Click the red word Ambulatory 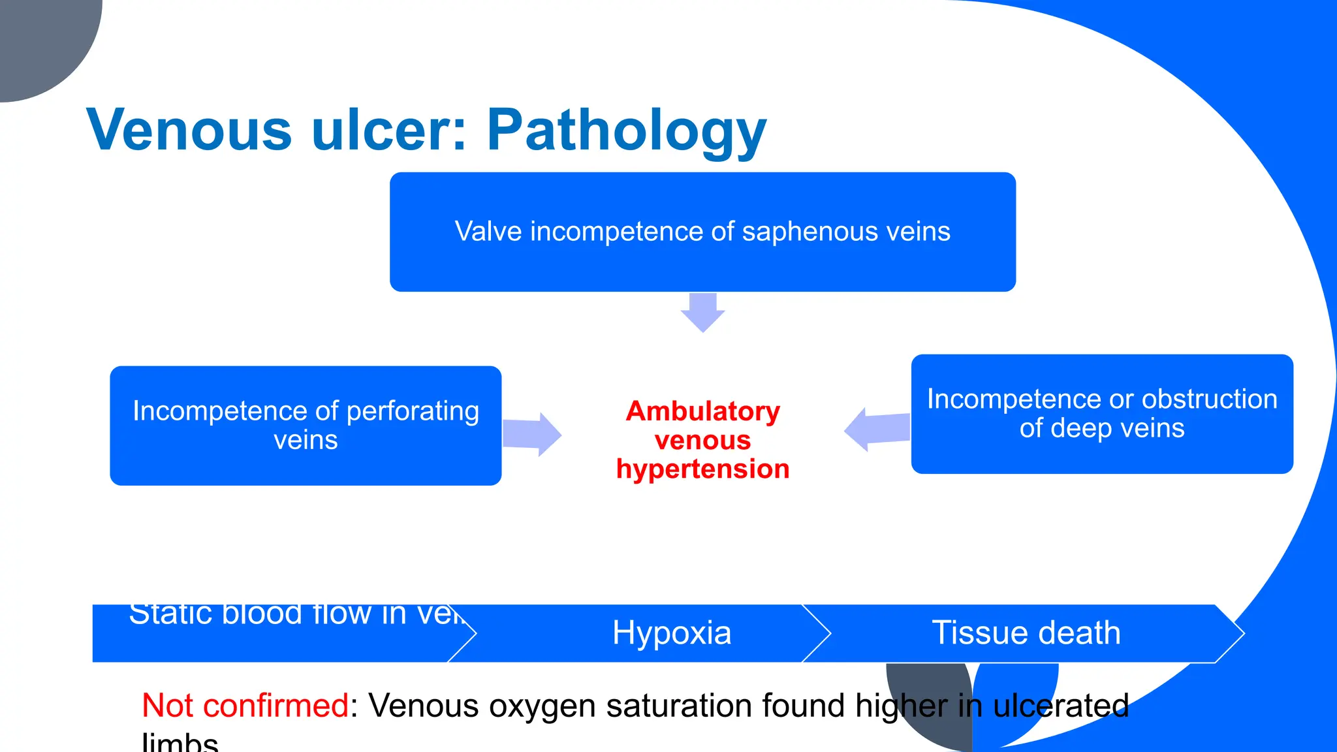[x=702, y=411]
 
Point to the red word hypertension [x=702, y=469]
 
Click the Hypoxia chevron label [x=671, y=633]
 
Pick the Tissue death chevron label [x=1026, y=633]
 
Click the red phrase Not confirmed [x=245, y=706]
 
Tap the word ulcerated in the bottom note [x=1060, y=706]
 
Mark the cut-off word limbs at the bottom [x=180, y=743]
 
